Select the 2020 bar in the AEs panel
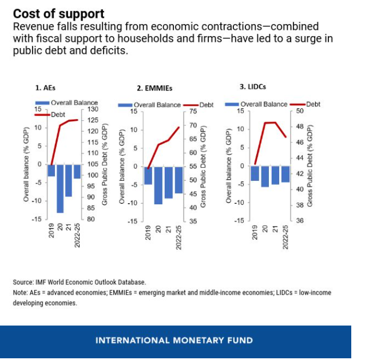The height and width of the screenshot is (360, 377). click(x=60, y=188)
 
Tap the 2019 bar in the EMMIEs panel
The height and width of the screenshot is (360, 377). click(x=148, y=176)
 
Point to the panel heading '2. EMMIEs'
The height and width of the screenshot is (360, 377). click(x=154, y=89)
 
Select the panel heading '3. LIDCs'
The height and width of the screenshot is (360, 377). click(x=252, y=86)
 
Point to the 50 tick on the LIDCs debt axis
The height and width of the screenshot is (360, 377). click(x=298, y=110)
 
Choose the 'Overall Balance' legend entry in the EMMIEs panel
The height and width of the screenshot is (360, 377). click(x=157, y=105)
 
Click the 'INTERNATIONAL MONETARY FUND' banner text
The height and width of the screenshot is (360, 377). click(x=174, y=341)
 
